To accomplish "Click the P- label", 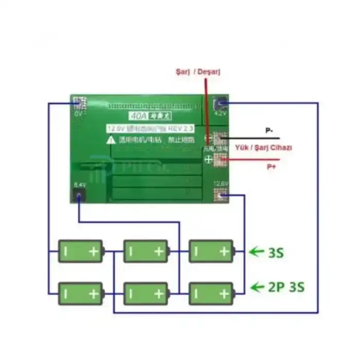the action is [269, 131].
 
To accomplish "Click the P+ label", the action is [271, 167].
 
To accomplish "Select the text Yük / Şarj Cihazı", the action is [263, 148].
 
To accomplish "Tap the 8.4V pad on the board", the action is [79, 195].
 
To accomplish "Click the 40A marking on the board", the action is [135, 116].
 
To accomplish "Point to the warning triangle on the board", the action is [111, 139].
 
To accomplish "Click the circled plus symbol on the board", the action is [209, 160].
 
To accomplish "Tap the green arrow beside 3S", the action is [256, 252].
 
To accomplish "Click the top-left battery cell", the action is [80, 251].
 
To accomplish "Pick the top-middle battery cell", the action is [146, 251].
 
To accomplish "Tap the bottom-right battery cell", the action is [211, 294].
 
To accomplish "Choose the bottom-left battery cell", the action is [80, 294].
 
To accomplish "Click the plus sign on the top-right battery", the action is [224, 251].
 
